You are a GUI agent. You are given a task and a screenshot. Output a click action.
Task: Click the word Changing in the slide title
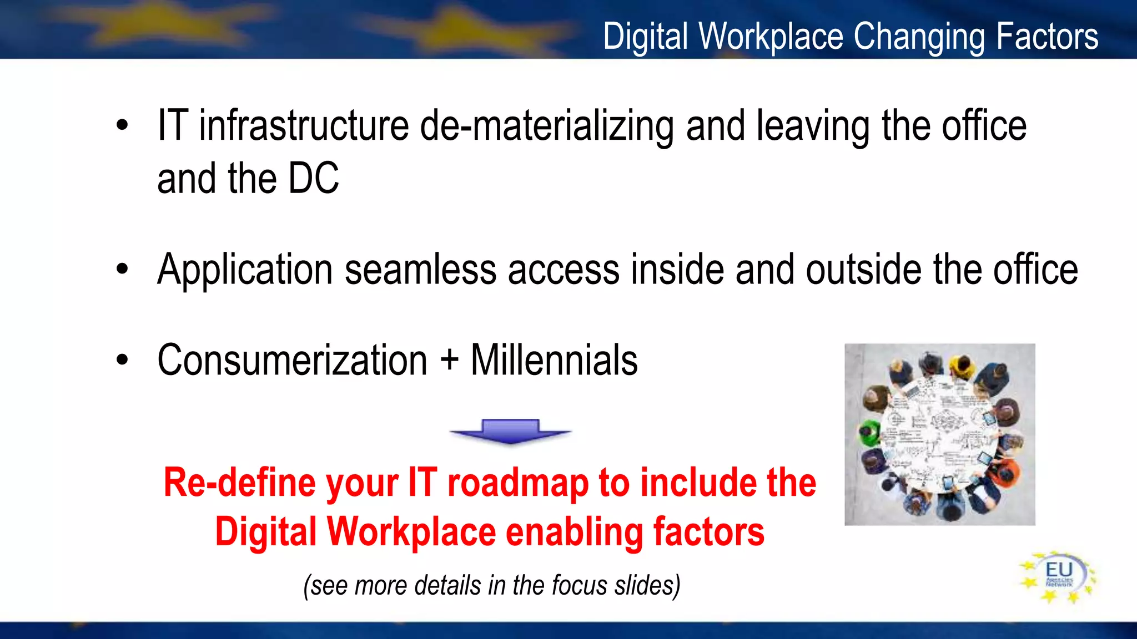tap(919, 37)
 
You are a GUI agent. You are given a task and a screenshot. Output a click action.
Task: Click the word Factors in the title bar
tap(1047, 37)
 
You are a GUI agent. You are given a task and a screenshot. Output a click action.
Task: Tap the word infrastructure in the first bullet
tap(304, 126)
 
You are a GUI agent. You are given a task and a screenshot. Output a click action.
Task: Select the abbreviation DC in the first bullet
tap(314, 179)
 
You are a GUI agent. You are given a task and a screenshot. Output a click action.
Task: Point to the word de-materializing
tap(547, 128)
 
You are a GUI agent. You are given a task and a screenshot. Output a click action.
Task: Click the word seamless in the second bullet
tap(420, 270)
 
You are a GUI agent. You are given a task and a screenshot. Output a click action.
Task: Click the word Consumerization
tap(292, 361)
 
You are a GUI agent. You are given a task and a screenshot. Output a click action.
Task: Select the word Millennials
tap(554, 361)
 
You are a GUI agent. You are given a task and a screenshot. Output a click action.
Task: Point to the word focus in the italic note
tap(580, 586)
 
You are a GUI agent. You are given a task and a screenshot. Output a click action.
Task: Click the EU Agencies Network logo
tap(1058, 577)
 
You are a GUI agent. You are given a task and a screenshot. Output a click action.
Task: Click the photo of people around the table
tap(939, 434)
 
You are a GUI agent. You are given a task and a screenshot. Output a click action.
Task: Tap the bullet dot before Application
tap(122, 270)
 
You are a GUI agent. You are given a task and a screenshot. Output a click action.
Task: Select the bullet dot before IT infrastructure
tap(122, 126)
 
